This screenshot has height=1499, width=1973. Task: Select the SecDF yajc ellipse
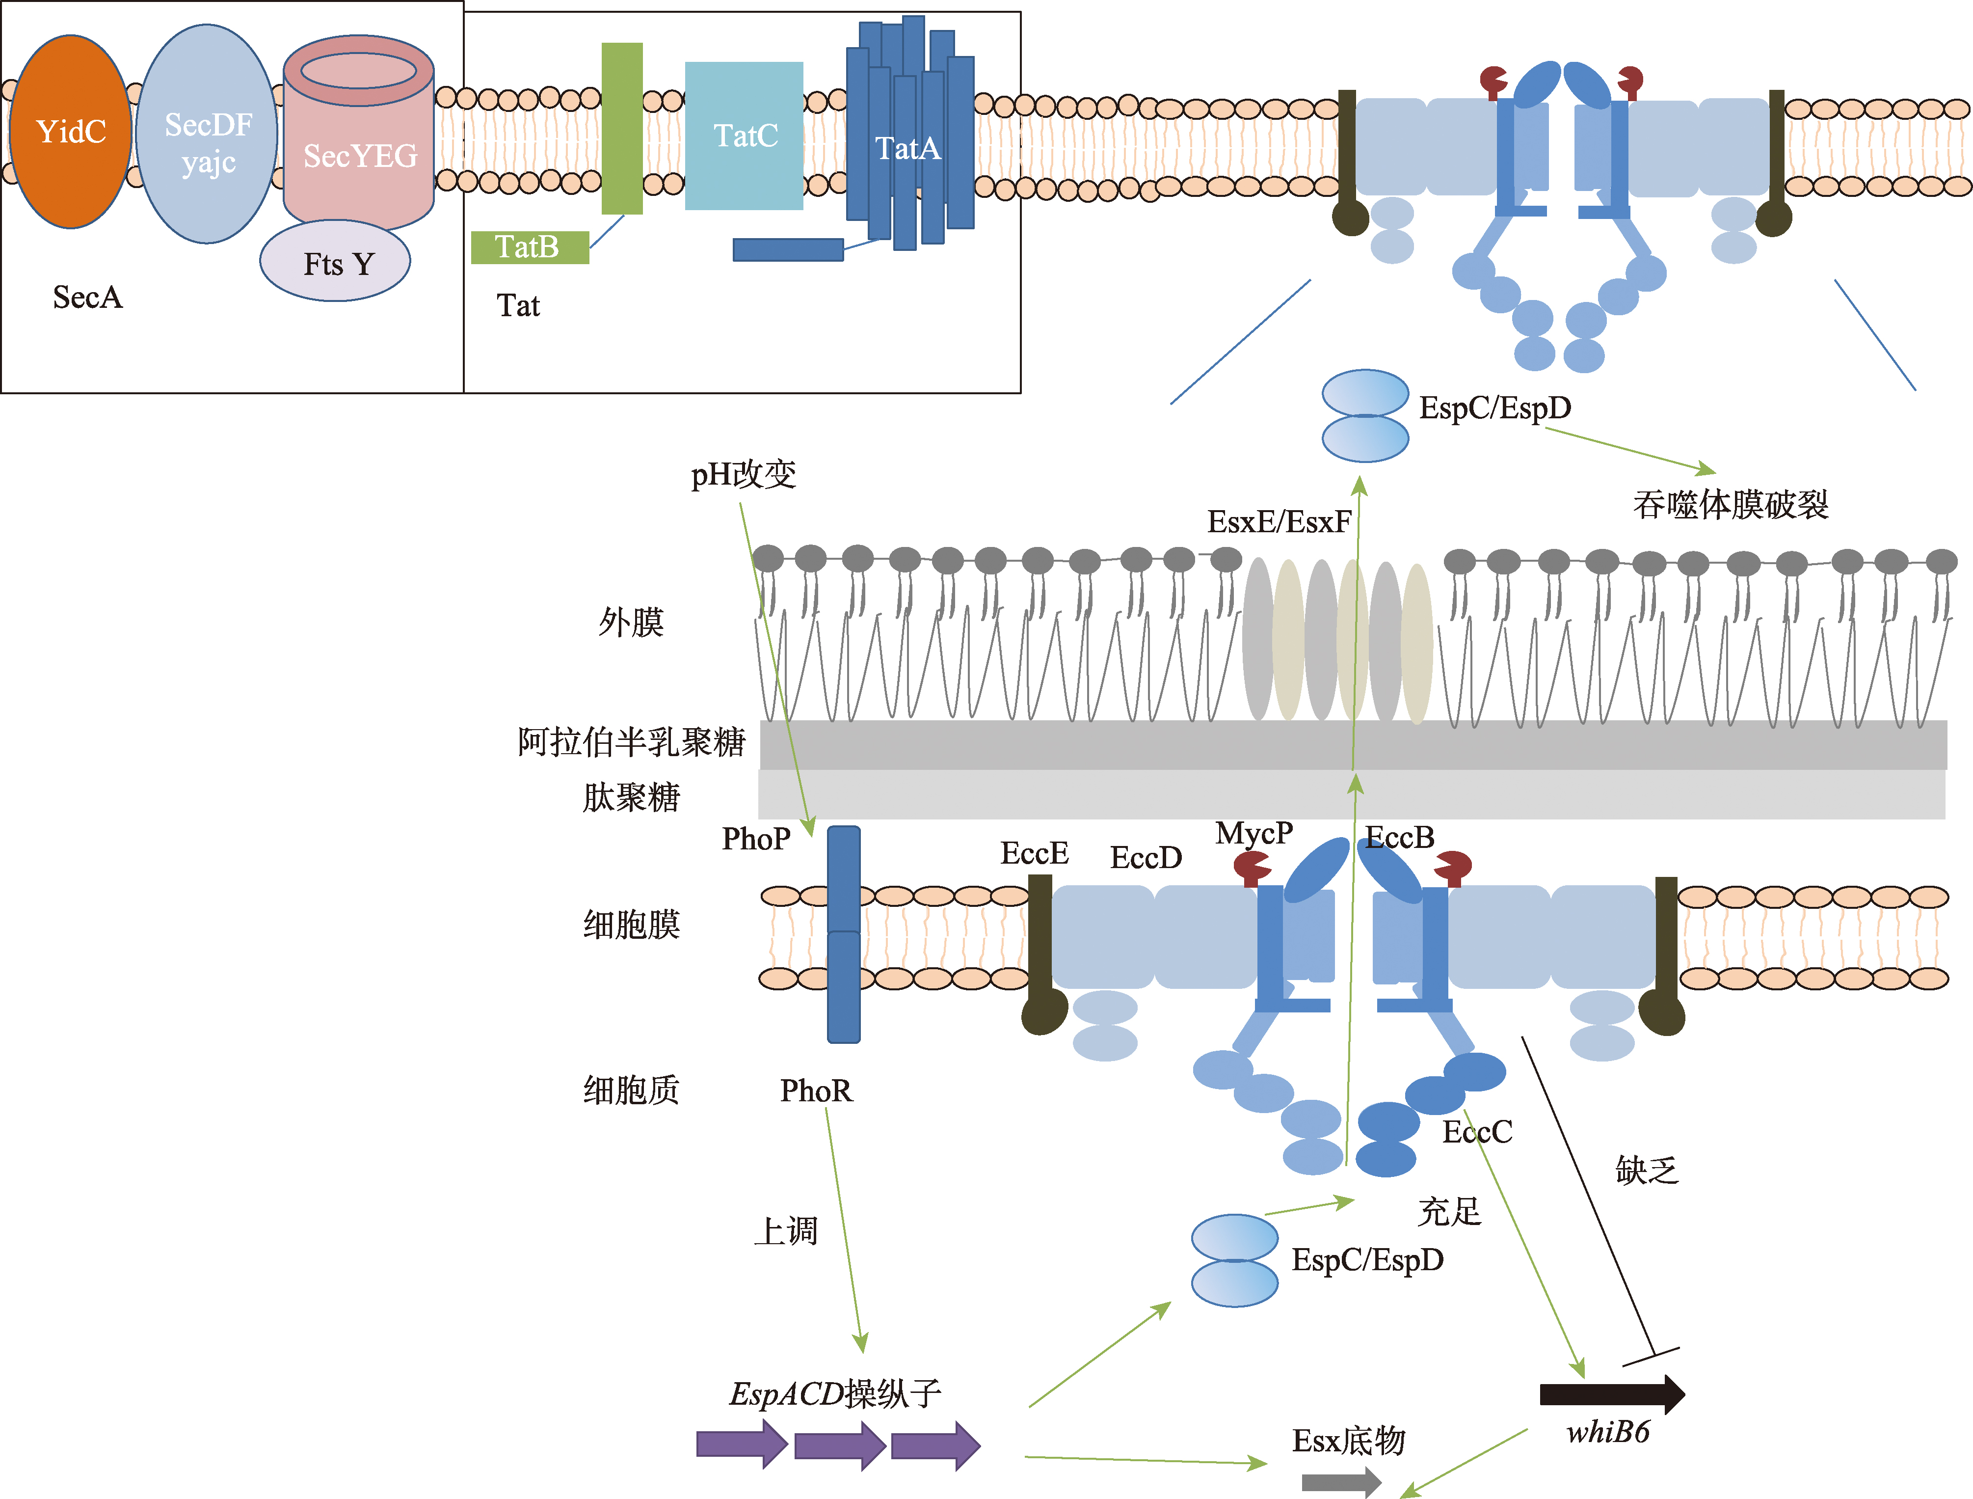207,134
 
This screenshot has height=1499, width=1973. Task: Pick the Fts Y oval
335,262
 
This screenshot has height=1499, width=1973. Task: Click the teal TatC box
744,136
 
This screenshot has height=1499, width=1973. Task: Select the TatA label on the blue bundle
907,148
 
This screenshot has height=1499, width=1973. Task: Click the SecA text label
87,297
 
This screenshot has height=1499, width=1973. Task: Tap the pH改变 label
743,474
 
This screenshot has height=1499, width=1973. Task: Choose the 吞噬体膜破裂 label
1731,505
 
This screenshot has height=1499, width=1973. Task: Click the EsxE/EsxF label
1278,521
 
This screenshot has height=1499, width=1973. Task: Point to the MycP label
1253,833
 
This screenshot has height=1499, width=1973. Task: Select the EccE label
1034,853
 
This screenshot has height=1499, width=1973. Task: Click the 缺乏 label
1647,1170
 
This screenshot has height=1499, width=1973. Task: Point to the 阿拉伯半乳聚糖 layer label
631,741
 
